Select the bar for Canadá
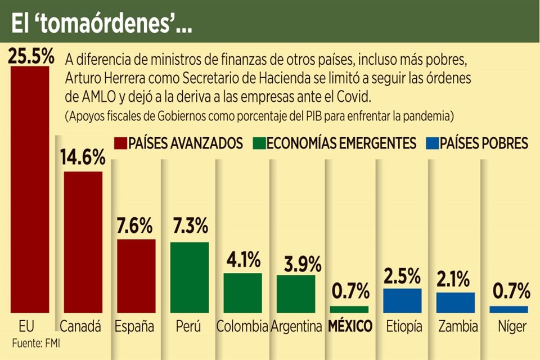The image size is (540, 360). click(x=83, y=242)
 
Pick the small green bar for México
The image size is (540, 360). click(x=349, y=309)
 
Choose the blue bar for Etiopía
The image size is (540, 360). click(x=402, y=300)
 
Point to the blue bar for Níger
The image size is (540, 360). click(x=508, y=309)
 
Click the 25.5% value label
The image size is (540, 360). click(x=31, y=57)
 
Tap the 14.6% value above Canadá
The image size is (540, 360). click(x=83, y=157)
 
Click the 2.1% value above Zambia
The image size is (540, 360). click(x=456, y=278)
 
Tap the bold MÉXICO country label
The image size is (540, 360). click(x=350, y=326)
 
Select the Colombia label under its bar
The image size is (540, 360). click(x=242, y=326)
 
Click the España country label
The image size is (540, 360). click(x=136, y=326)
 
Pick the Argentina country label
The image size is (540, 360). click(x=296, y=326)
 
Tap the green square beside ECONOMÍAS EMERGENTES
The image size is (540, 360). click(x=259, y=143)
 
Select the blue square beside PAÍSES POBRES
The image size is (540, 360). click(x=432, y=143)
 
